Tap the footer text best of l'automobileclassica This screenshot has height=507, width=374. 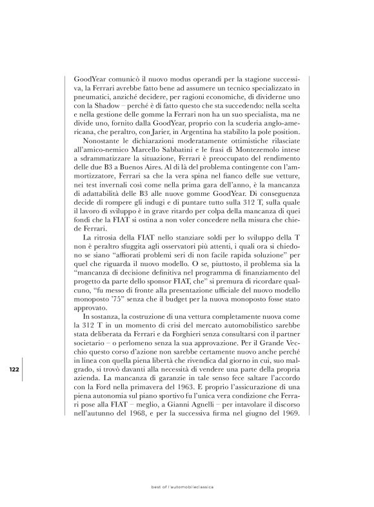(186, 487)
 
